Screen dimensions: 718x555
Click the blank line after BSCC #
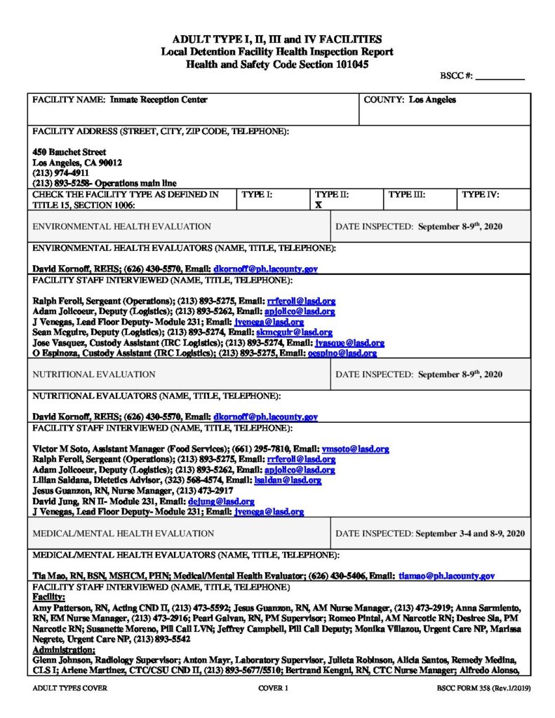click(x=500, y=77)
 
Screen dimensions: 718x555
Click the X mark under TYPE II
click(x=318, y=205)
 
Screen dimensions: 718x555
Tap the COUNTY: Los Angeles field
click(x=410, y=100)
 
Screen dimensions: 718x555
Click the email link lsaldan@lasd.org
click(x=288, y=480)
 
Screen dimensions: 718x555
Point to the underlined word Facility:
click(x=49, y=597)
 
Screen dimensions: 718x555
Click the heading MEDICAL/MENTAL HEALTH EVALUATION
click(x=123, y=534)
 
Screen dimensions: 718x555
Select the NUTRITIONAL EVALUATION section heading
click(x=94, y=374)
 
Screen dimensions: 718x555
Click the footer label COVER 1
click(x=274, y=689)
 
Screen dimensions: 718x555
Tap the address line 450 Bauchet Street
click(x=69, y=151)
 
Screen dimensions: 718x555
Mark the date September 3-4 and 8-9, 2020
click(x=470, y=534)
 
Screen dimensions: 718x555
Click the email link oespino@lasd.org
click(x=342, y=353)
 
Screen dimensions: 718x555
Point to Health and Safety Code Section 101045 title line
click(x=277, y=64)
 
